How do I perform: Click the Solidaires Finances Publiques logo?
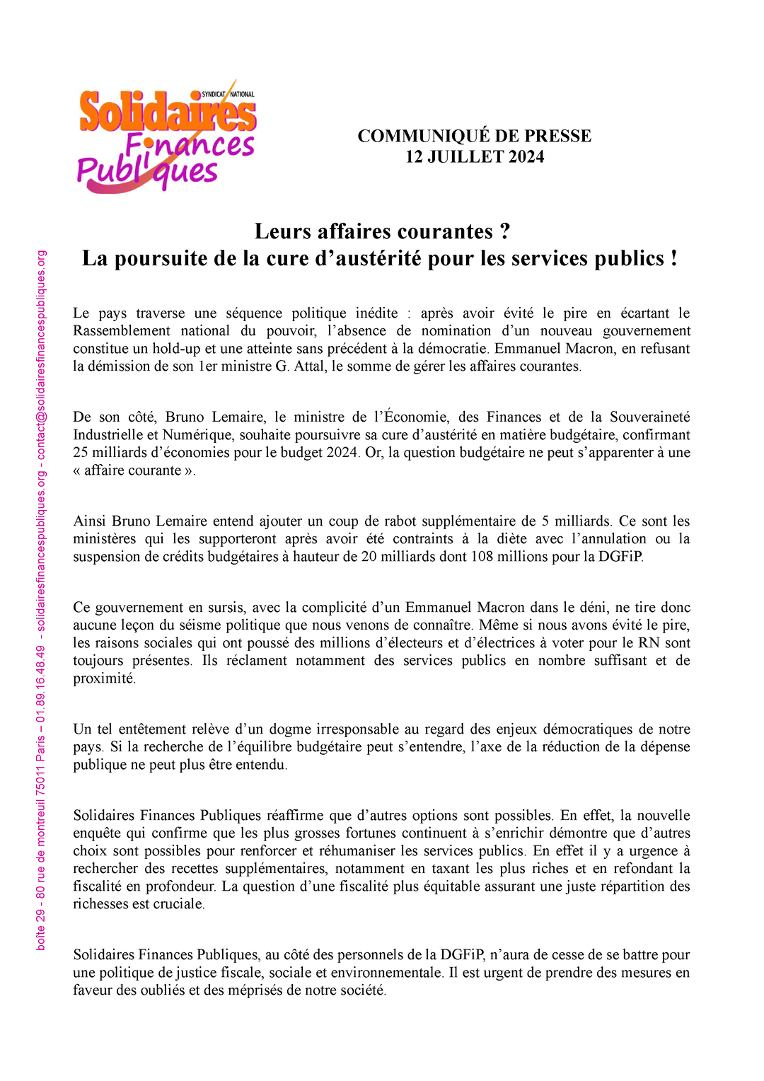point(167,137)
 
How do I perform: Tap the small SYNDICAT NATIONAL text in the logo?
point(228,94)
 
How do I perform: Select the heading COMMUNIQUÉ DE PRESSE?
point(474,136)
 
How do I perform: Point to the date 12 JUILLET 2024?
point(474,156)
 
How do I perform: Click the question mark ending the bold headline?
point(504,231)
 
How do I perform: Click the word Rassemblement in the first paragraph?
point(122,331)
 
